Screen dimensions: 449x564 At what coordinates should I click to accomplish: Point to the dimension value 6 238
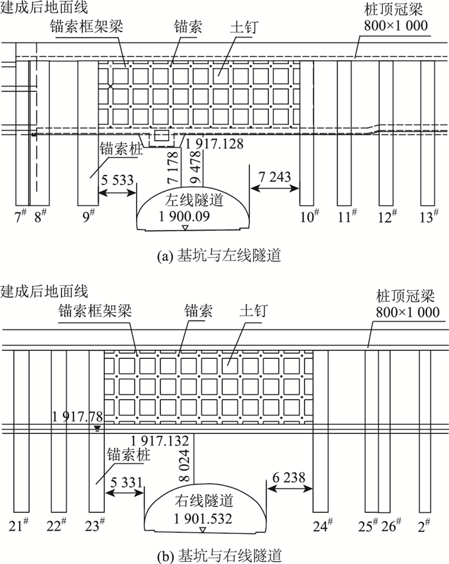[289, 477]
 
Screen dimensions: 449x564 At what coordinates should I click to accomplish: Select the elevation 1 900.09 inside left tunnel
[185, 216]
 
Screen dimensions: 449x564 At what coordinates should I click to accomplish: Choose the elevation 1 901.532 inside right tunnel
[201, 518]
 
